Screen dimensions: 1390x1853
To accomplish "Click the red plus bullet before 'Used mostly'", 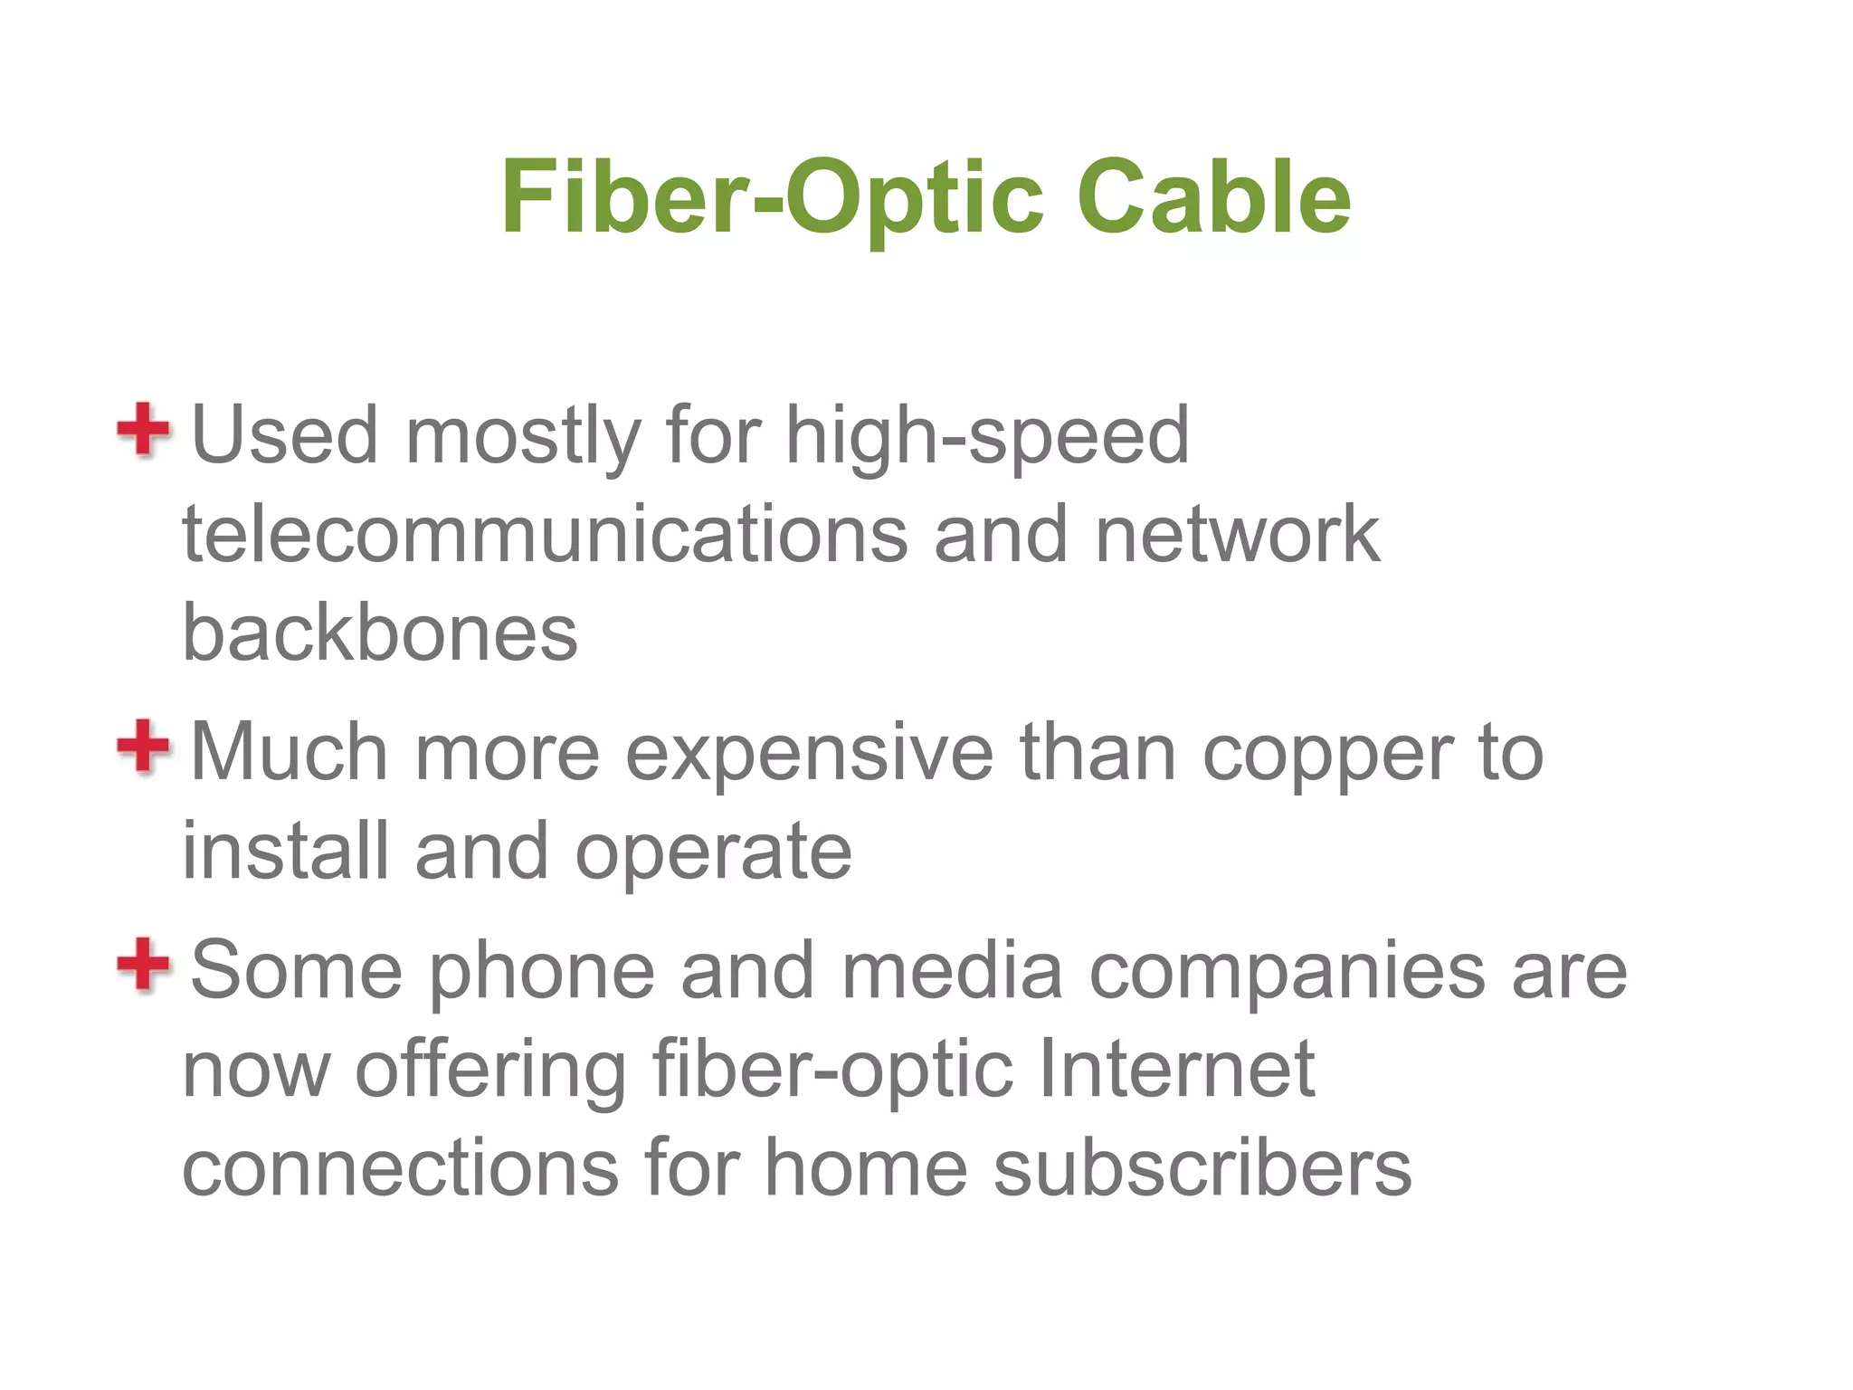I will point(143,430).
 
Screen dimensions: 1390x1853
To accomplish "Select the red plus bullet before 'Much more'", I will point(143,747).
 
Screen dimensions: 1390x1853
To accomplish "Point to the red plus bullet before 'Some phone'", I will point(143,965).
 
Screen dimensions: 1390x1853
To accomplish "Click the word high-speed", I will point(986,438).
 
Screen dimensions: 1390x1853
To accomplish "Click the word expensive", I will point(809,753).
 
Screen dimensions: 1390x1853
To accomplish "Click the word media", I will point(952,971).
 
